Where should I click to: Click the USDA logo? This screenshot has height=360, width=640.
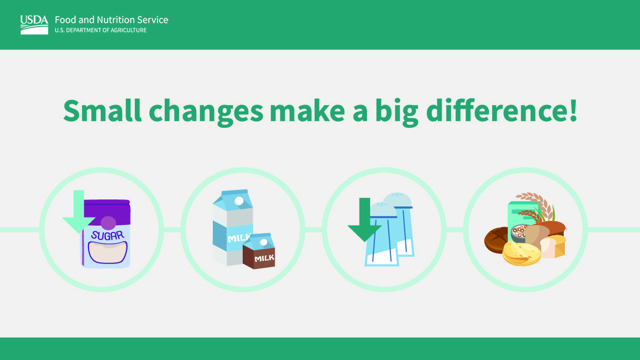[x=34, y=25]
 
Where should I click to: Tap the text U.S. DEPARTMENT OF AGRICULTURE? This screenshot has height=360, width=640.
[x=101, y=30]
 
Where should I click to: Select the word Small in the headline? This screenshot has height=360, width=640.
[x=102, y=110]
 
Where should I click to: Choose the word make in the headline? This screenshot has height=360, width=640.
[x=307, y=110]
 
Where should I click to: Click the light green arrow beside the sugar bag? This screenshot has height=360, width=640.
[x=78, y=211]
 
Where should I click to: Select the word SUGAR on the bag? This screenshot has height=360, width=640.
[x=108, y=235]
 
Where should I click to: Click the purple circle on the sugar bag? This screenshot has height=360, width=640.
[x=108, y=223]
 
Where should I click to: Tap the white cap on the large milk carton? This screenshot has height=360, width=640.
[x=239, y=201]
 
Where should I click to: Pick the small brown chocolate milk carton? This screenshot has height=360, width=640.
[x=259, y=251]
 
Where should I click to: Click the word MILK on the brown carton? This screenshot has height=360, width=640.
[x=265, y=258]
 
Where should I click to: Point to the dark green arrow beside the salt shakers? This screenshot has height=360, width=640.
[x=365, y=219]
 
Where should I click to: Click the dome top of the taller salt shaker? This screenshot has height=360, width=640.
[x=397, y=199]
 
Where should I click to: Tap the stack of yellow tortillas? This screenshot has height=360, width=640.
[x=522, y=253]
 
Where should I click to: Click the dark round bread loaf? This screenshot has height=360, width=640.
[x=497, y=239]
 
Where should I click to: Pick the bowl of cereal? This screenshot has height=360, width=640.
[x=519, y=233]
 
